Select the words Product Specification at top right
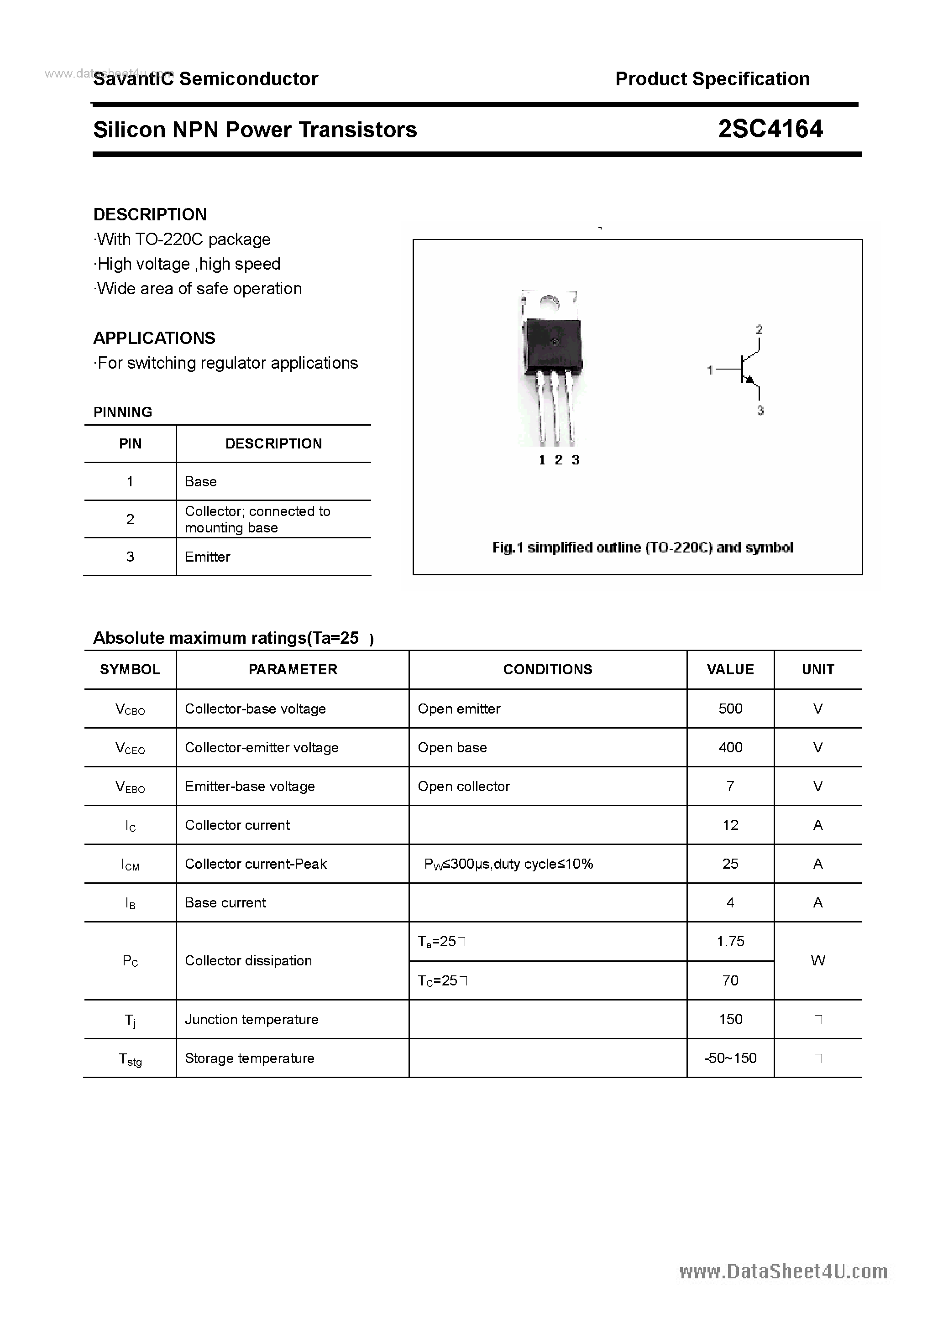[712, 79]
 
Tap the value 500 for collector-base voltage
[730, 709]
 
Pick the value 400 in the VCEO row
[730, 748]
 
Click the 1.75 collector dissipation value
[730, 942]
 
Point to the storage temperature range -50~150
[730, 1058]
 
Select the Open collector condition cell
[463, 787]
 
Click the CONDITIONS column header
[547, 670]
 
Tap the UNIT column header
[817, 670]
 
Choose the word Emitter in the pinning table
[208, 557]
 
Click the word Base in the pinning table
[200, 482]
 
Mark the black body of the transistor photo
[552, 346]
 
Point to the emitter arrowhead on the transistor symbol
[750, 380]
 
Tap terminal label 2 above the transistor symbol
[759, 329]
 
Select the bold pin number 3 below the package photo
[575, 460]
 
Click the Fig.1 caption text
[642, 548]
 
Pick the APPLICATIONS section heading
[154, 338]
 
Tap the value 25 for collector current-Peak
[730, 864]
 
